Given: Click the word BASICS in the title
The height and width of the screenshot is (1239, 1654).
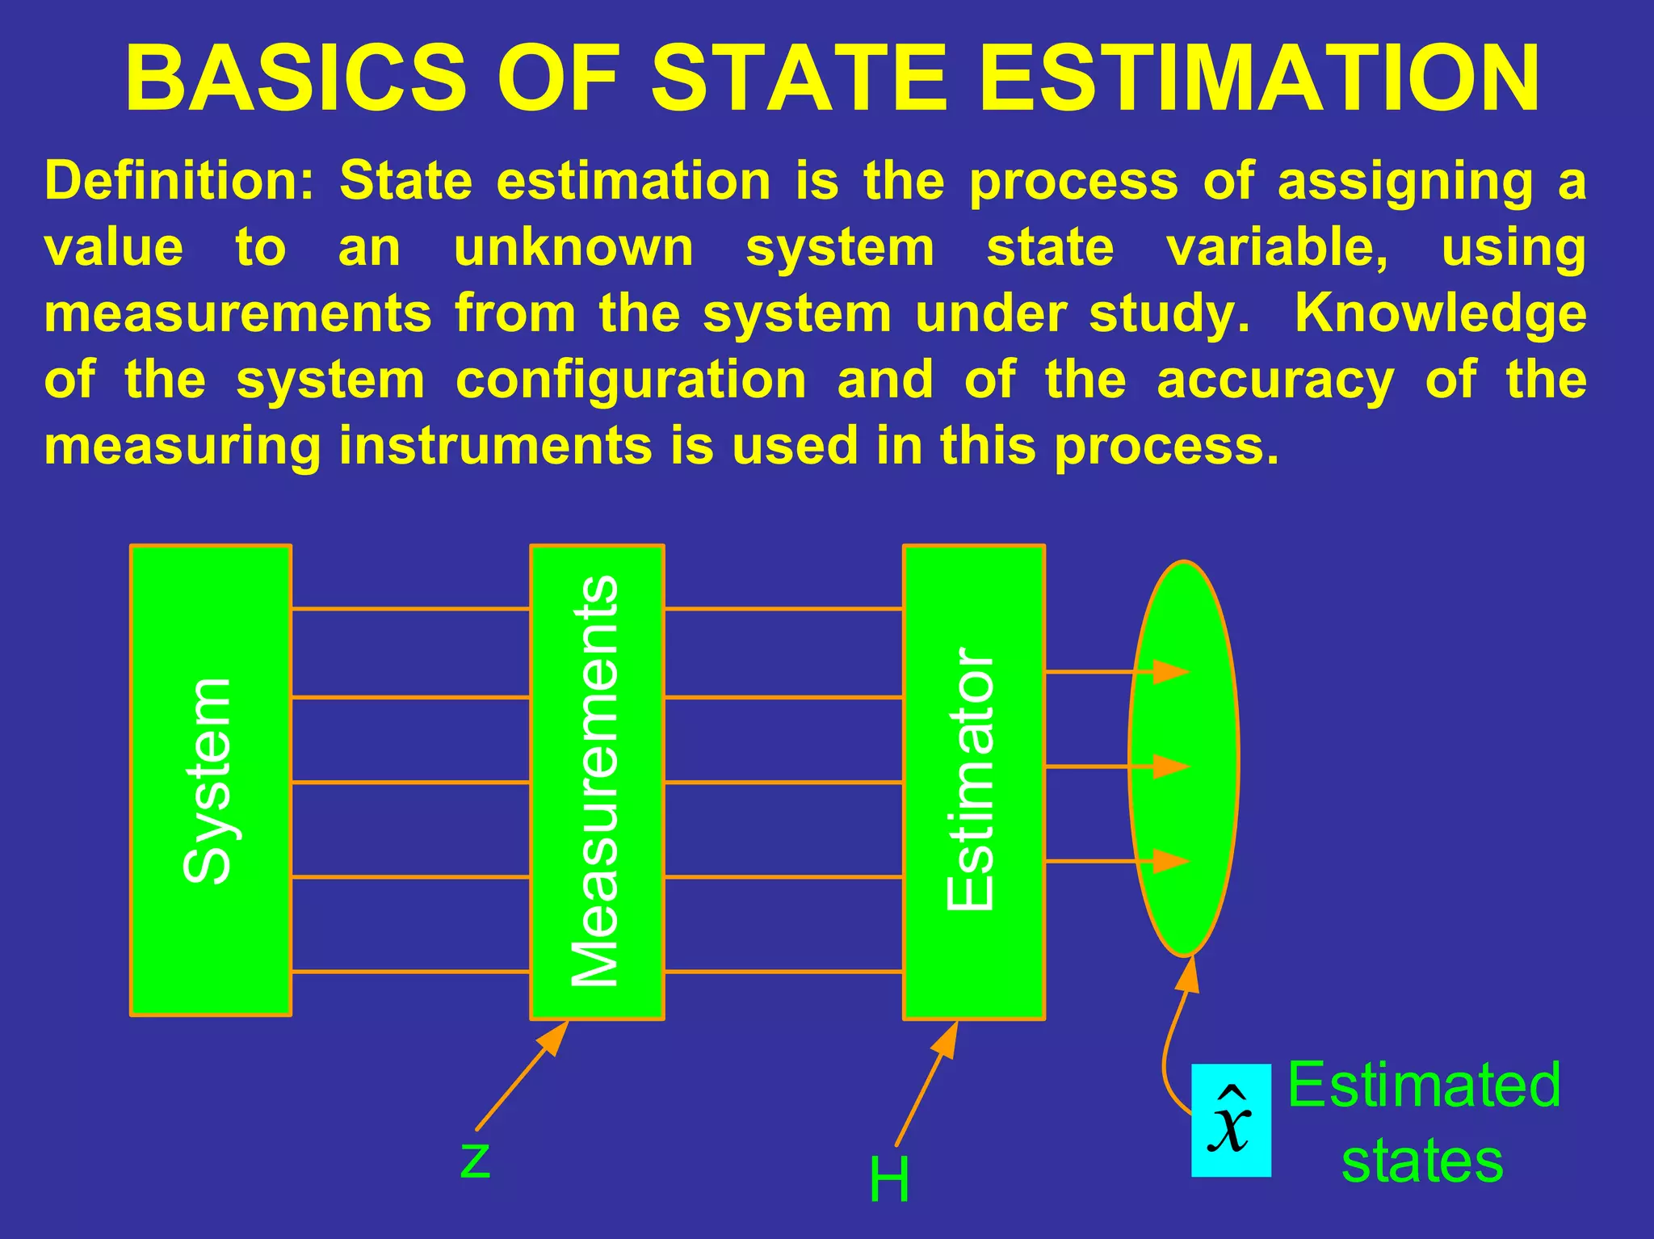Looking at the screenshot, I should (x=296, y=78).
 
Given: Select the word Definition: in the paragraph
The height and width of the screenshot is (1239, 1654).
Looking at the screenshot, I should (x=179, y=180).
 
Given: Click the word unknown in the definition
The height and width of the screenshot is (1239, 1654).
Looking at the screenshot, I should (x=573, y=247).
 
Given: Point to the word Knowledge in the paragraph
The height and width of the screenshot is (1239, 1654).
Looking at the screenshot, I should (x=1440, y=313).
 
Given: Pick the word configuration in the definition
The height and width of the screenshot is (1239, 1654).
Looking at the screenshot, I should (x=631, y=380).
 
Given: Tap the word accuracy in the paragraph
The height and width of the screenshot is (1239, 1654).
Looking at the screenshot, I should (x=1275, y=380).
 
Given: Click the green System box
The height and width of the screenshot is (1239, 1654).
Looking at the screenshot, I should (x=211, y=780).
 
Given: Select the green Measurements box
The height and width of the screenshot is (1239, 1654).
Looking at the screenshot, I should (x=597, y=782).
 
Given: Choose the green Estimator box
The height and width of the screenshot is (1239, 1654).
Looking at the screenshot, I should (x=973, y=782).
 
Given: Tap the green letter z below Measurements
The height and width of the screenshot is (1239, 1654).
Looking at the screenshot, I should (x=475, y=1160).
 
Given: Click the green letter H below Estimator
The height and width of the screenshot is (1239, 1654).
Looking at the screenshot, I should (x=889, y=1180).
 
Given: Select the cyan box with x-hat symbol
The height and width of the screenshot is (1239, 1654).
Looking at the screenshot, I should (x=1231, y=1120).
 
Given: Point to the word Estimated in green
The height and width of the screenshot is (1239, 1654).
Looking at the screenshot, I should (x=1423, y=1085).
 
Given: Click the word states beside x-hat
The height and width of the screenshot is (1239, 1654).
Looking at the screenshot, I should (x=1422, y=1161).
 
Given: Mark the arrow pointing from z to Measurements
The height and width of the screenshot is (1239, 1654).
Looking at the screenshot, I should (x=522, y=1077).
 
